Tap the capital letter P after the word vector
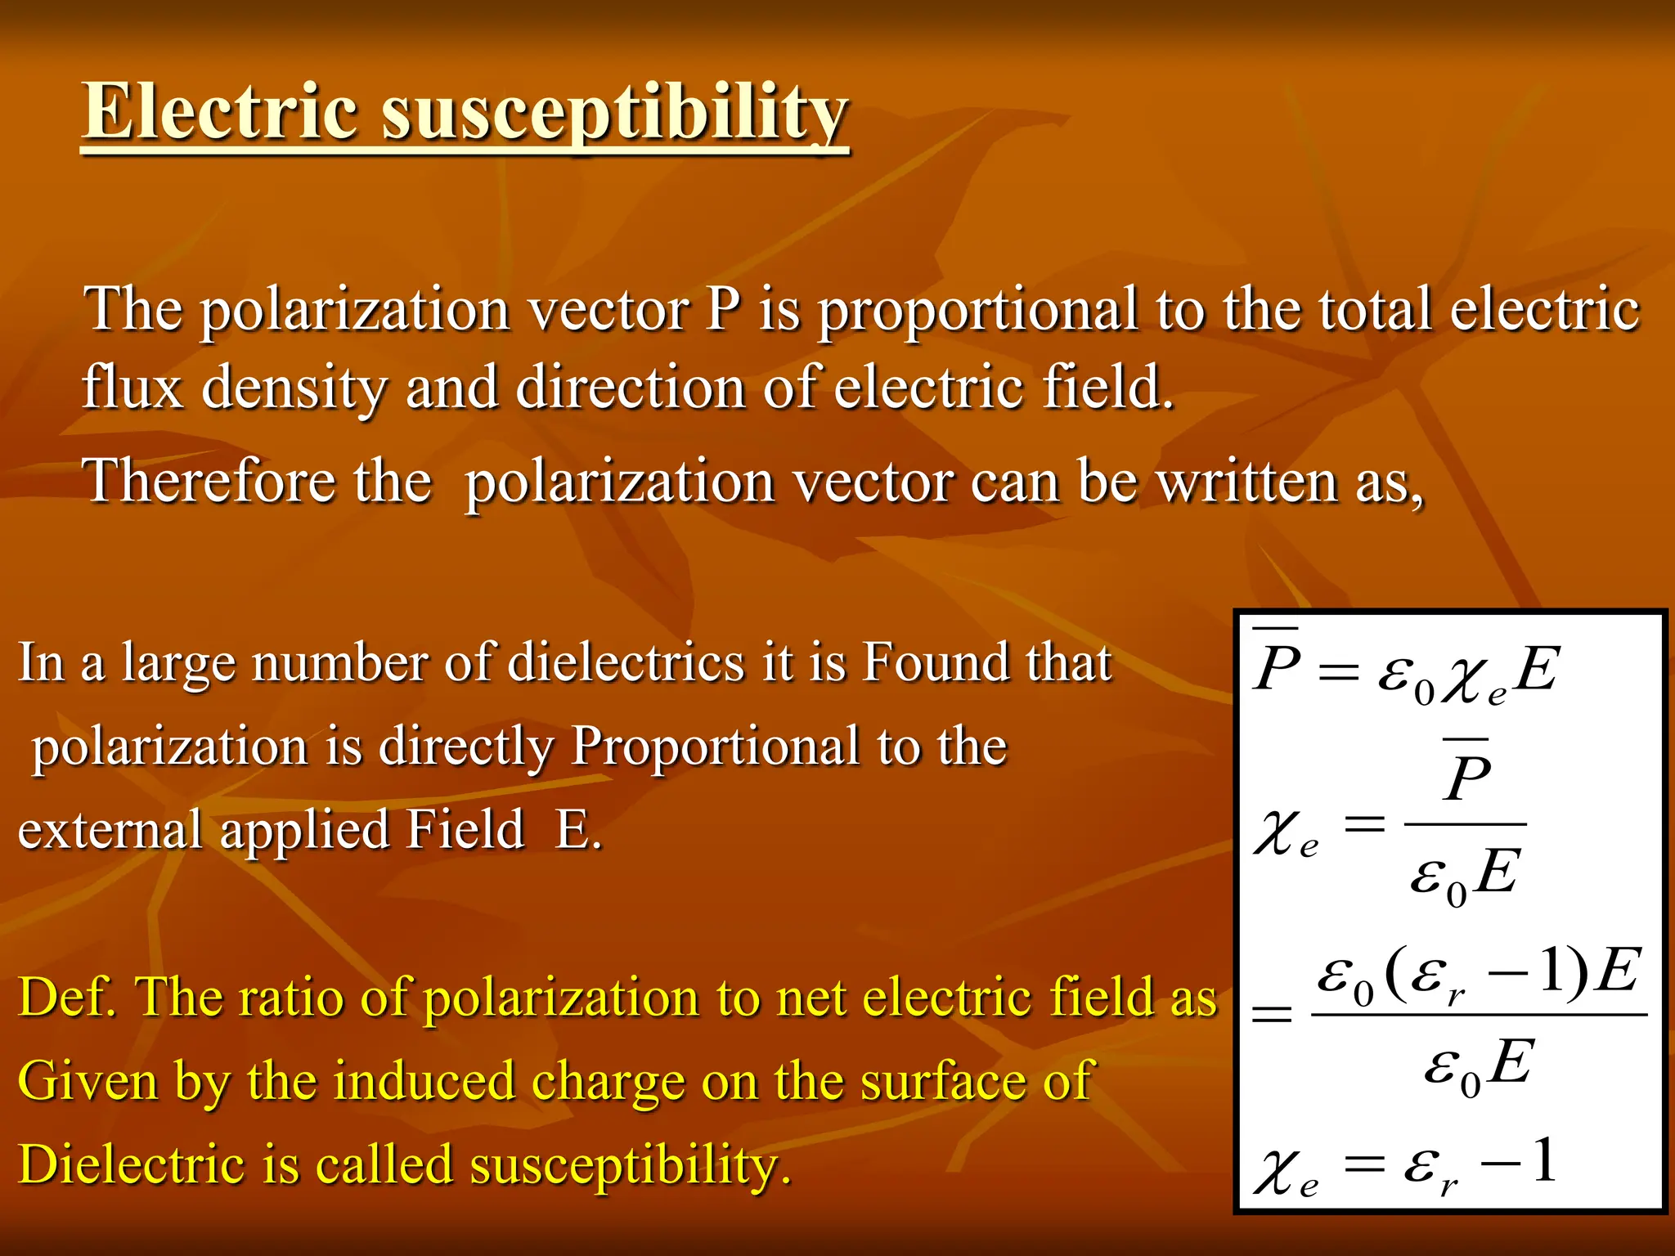(x=723, y=310)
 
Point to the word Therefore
(x=209, y=481)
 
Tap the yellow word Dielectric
(x=132, y=1164)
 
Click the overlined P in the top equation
(x=1278, y=666)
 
